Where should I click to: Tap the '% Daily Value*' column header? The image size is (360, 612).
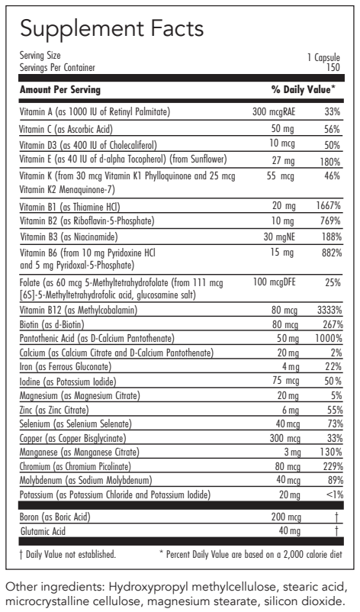coord(304,89)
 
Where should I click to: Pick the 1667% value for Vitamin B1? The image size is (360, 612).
coord(326,206)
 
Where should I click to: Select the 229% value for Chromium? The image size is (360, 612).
coord(329,465)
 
